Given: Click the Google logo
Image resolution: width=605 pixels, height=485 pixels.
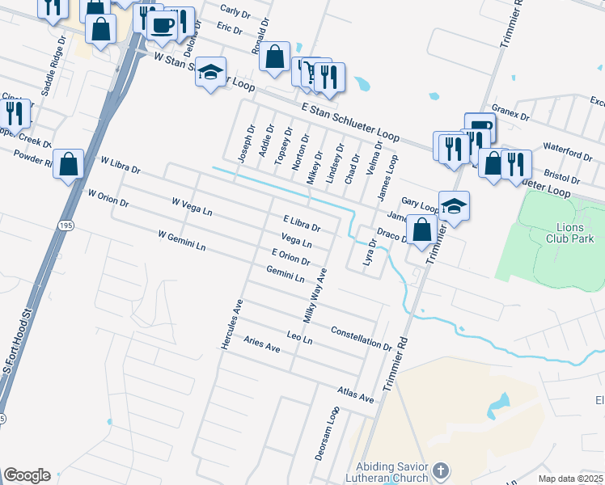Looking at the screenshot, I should [26, 475].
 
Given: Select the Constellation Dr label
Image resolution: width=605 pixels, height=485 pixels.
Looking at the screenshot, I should [362, 338].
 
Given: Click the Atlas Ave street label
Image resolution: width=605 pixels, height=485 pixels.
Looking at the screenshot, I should [356, 395].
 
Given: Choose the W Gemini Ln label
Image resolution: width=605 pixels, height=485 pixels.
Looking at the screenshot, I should [184, 241].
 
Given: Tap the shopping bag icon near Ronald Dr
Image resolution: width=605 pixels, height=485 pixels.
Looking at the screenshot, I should [275, 57].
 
